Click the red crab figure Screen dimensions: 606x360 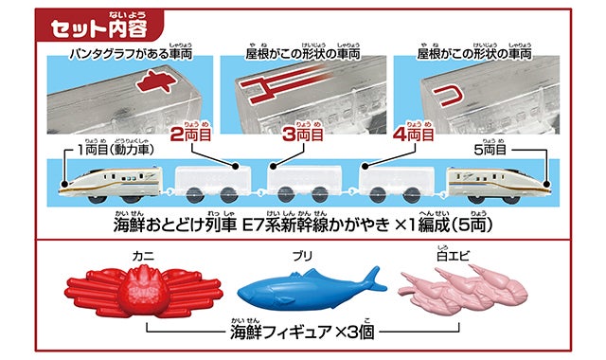pyautogui.click(x=144, y=293)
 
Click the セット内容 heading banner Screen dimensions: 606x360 pyautogui.click(x=98, y=25)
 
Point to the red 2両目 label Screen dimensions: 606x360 pyautogui.click(x=190, y=135)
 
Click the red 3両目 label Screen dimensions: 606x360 pyautogui.click(x=303, y=135)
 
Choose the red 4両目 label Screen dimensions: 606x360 pyautogui.click(x=413, y=135)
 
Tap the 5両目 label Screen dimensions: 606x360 pyautogui.click(x=490, y=150)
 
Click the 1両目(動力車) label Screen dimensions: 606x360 pyautogui.click(x=116, y=150)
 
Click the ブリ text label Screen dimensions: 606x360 pyautogui.click(x=302, y=256)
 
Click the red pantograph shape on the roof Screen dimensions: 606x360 pyautogui.click(x=156, y=81)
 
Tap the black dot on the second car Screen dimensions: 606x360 pyautogui.click(x=235, y=167)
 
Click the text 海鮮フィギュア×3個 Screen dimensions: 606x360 pyautogui.click(x=302, y=332)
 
